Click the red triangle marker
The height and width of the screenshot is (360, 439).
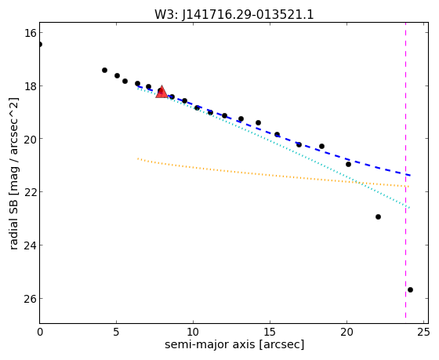click(x=161, y=93)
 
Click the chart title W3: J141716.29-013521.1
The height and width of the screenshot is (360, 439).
click(x=234, y=15)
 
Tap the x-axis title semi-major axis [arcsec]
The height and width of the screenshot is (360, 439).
click(x=234, y=344)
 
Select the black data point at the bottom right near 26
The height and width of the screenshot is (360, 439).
click(x=410, y=289)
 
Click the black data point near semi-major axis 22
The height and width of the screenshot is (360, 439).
click(x=378, y=216)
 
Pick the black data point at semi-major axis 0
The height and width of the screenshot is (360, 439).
click(x=40, y=44)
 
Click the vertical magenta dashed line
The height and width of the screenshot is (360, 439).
click(x=405, y=173)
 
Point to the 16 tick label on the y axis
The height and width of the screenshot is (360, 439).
click(x=31, y=33)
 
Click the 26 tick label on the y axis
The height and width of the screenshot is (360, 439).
click(x=31, y=298)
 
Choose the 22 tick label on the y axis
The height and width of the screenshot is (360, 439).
click(x=31, y=192)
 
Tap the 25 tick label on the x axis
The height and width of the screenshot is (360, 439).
click(x=423, y=333)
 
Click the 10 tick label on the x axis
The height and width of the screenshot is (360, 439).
click(x=193, y=333)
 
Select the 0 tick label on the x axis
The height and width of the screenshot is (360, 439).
click(x=40, y=333)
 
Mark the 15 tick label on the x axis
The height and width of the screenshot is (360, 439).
click(x=270, y=333)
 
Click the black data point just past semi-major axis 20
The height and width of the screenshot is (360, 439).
click(x=348, y=164)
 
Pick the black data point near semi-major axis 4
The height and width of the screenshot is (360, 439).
click(x=104, y=70)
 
